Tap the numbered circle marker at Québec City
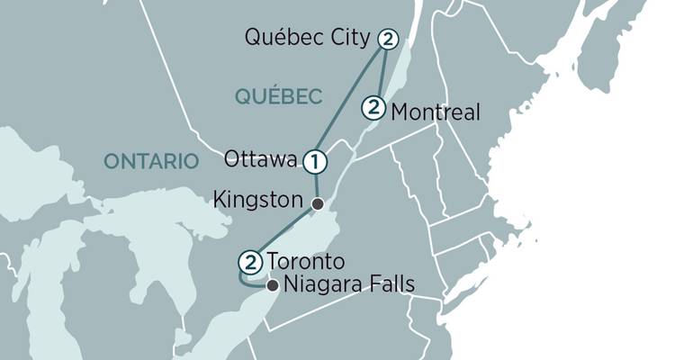pos(388,39)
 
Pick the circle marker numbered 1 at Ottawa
pos(314,162)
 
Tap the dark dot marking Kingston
pos(317,203)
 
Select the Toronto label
pos(305,262)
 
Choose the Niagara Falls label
pos(348,286)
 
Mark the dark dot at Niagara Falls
pos(273,286)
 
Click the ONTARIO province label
pos(150,161)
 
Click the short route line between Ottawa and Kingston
pos(316,184)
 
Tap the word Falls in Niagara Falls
pos(390,286)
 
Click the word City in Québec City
pos(351,39)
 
